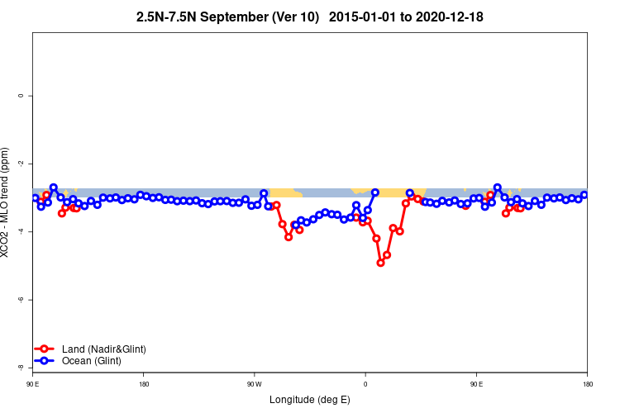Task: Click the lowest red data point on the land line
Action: coord(381,263)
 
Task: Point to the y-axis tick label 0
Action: coord(21,96)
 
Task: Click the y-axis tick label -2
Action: coord(21,164)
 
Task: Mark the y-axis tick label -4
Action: coord(21,232)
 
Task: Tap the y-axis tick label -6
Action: coord(21,300)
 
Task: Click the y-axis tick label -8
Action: coord(21,368)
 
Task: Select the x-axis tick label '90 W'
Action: coord(255,383)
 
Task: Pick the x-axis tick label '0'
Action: coord(365,383)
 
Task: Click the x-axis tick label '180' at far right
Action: coord(587,383)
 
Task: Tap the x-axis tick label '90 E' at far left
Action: coord(33,383)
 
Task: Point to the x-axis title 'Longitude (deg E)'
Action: coord(310,401)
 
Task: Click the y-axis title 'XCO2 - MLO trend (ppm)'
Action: coord(7,202)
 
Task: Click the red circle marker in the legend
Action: coord(45,349)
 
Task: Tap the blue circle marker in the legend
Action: coord(45,361)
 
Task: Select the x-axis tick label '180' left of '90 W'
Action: coord(144,383)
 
